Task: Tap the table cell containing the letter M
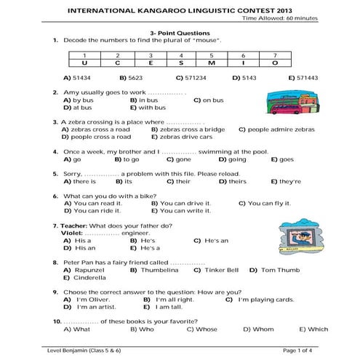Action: point(211,63)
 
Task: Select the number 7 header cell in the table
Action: point(274,55)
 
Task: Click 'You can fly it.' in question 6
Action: point(260,204)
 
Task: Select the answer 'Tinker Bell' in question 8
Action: point(219,270)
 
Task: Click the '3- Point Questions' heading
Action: point(180,33)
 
